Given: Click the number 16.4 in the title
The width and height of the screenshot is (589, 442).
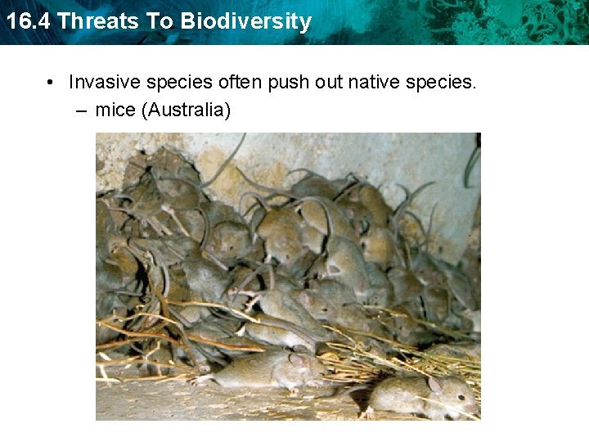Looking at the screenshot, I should [28, 21].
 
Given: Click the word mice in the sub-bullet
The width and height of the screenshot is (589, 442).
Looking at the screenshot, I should [115, 109].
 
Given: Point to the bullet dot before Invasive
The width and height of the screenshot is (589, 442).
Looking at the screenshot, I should [51, 82].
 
